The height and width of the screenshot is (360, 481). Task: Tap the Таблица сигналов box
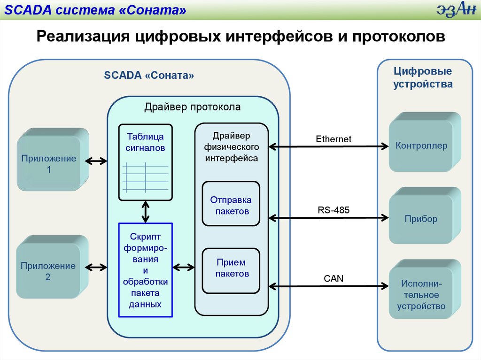tap(145, 162)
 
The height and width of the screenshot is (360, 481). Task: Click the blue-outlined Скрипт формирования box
tap(145, 270)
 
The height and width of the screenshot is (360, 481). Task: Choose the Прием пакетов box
tap(231, 268)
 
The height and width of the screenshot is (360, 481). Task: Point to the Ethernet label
tap(334, 139)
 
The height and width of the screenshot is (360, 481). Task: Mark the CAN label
tap(334, 279)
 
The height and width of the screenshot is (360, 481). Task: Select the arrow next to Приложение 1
tap(96, 161)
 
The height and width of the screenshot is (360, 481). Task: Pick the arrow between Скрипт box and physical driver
tap(184, 268)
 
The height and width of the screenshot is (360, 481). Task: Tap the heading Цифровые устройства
tap(423, 78)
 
